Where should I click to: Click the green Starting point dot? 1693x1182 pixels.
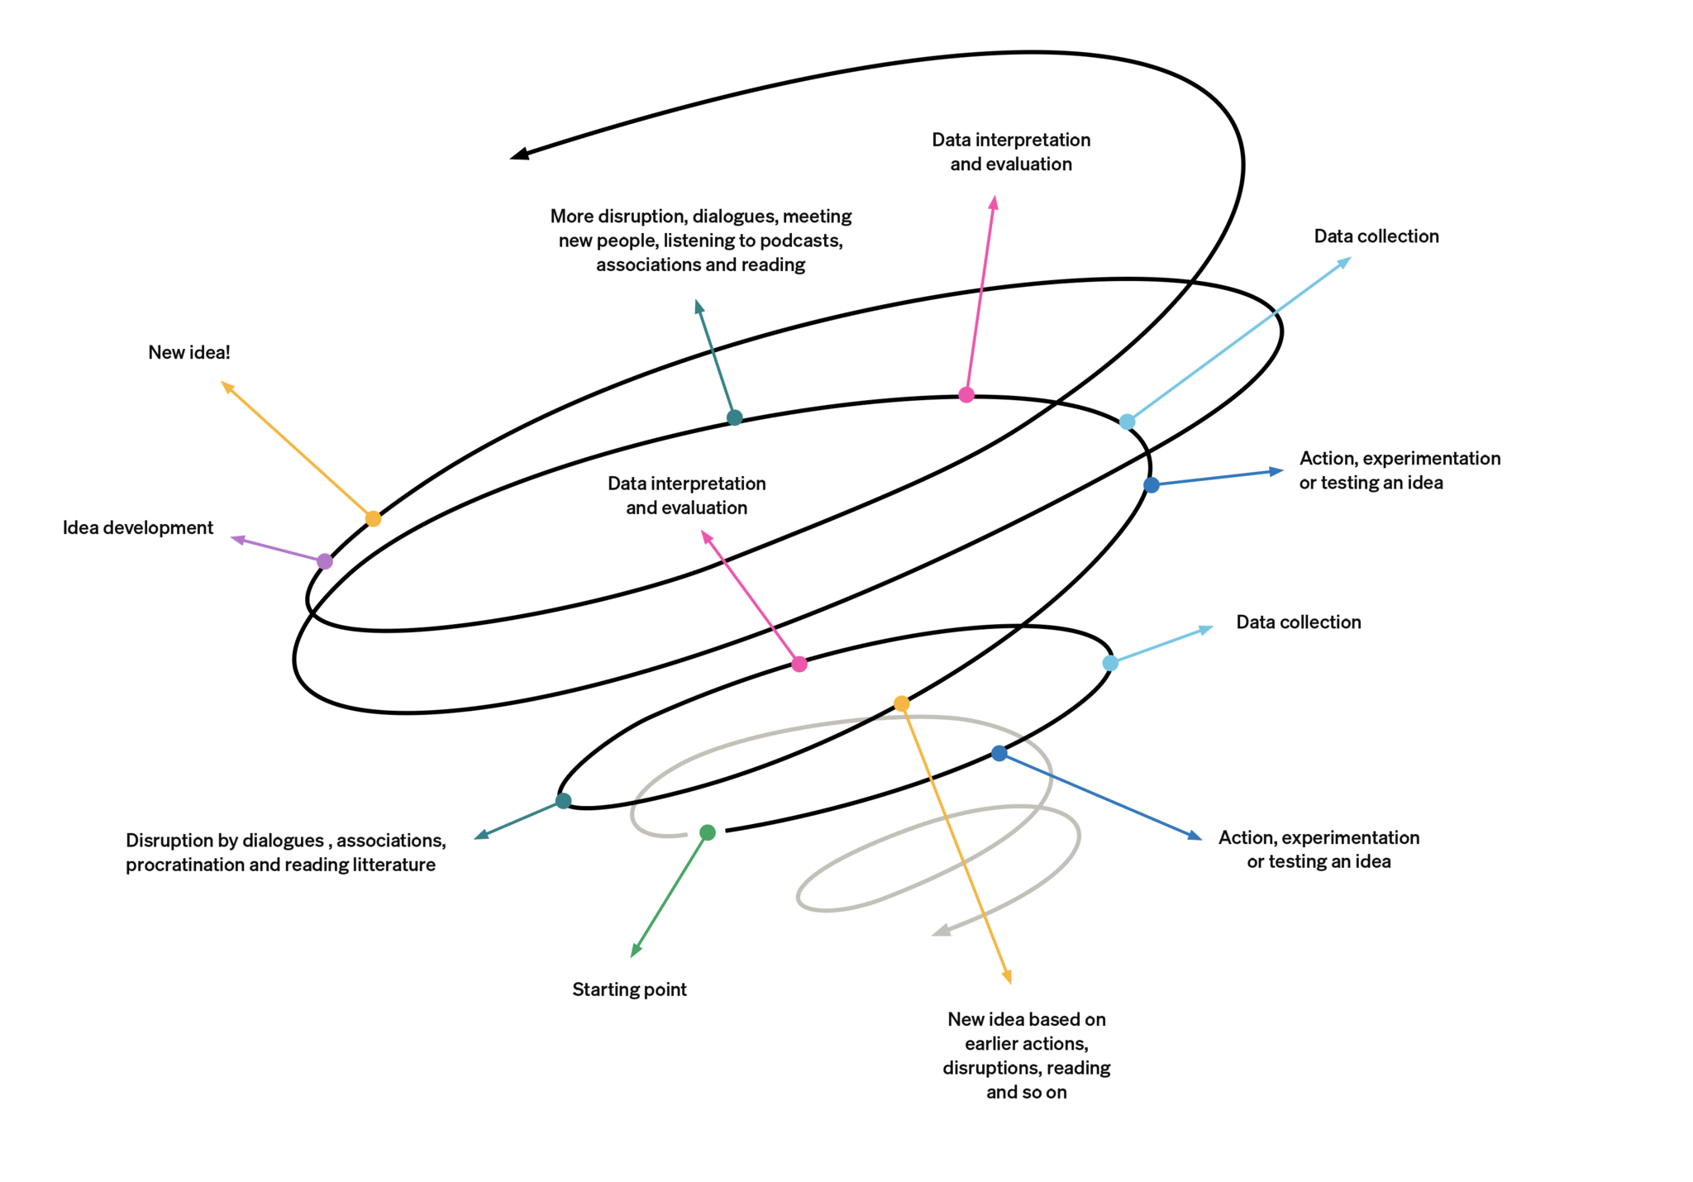pyautogui.click(x=707, y=832)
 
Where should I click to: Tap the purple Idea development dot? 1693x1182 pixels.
pyautogui.click(x=325, y=561)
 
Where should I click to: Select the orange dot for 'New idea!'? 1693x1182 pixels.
pyautogui.click(x=373, y=519)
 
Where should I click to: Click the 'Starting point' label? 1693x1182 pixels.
pyautogui.click(x=629, y=989)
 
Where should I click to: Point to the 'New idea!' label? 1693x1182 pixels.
pyautogui.click(x=189, y=352)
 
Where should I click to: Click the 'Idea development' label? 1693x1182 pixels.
pyautogui.click(x=138, y=527)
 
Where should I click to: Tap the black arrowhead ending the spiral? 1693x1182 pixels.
pyautogui.click(x=519, y=154)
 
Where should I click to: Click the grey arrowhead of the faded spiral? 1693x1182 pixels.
pyautogui.click(x=941, y=931)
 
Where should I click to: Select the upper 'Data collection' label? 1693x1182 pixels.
pyautogui.click(x=1376, y=236)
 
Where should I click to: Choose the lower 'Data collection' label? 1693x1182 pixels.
pyautogui.click(x=1298, y=622)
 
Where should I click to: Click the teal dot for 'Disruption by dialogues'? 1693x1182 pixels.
pyautogui.click(x=563, y=800)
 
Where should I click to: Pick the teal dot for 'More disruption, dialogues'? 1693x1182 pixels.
pyautogui.click(x=734, y=417)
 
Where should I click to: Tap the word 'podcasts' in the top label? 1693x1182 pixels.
pyautogui.click(x=801, y=241)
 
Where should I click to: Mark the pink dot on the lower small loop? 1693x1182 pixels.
pyautogui.click(x=799, y=664)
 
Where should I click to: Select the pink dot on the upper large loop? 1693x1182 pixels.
pyautogui.click(x=966, y=395)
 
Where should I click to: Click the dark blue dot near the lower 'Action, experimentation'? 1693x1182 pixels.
pyautogui.click(x=999, y=753)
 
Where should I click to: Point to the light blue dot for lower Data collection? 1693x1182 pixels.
pyautogui.click(x=1110, y=663)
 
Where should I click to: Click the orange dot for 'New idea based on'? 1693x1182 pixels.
pyautogui.click(x=901, y=703)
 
